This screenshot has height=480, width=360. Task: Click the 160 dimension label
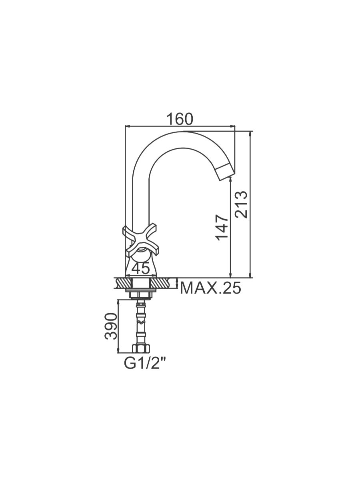(180, 119)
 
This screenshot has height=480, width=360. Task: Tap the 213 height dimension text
(241, 204)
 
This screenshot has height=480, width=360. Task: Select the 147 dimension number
(222, 228)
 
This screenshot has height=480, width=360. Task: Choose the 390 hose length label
(111, 326)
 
